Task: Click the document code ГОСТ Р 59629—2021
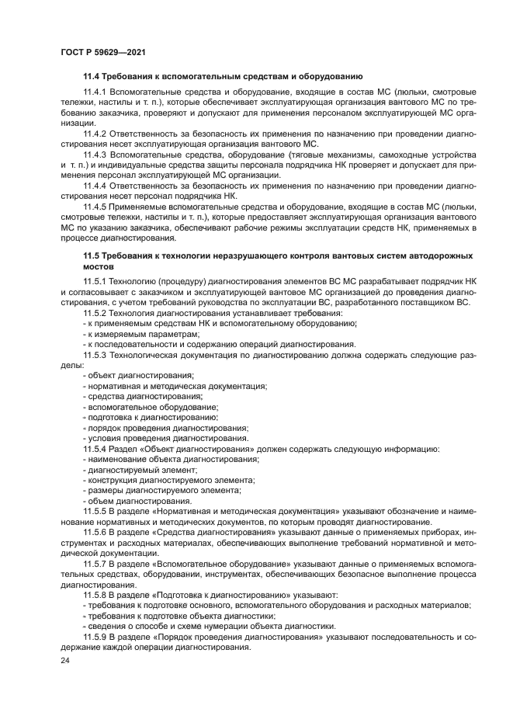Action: tap(102, 51)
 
